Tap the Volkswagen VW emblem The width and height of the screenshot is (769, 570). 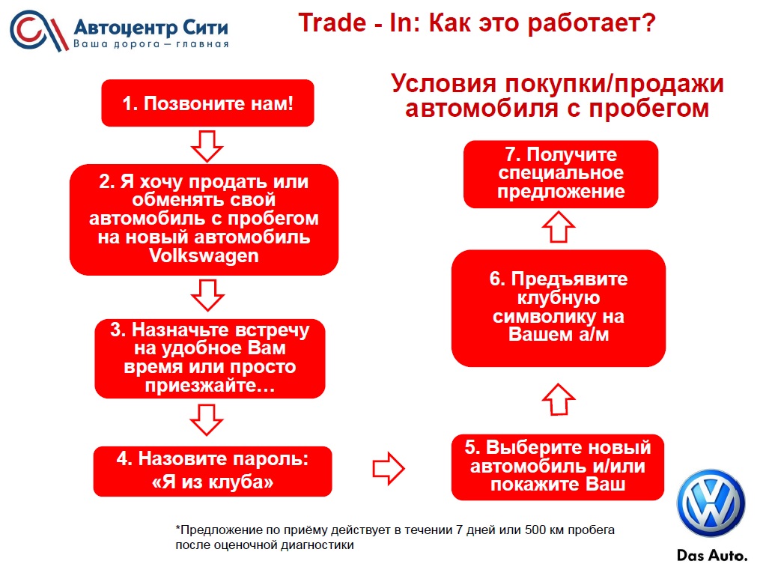click(711, 503)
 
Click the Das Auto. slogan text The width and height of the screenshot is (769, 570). click(712, 556)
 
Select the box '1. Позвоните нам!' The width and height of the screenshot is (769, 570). click(207, 103)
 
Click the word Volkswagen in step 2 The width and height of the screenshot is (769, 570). click(204, 255)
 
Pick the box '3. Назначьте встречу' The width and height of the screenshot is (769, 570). click(210, 358)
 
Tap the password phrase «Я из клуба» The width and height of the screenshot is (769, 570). click(213, 482)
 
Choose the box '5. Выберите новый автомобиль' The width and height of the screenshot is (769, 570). click(558, 467)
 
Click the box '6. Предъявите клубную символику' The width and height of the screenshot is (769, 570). click(559, 308)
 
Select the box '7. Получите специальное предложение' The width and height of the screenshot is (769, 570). click(561, 174)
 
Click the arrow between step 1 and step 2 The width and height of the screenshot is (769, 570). click(207, 146)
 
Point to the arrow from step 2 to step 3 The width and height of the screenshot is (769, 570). click(207, 295)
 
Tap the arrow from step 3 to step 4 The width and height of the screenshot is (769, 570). click(207, 420)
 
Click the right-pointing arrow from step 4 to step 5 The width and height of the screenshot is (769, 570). click(389, 469)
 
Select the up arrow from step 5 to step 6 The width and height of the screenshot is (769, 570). click(559, 399)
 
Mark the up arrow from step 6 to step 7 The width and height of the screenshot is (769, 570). click(559, 227)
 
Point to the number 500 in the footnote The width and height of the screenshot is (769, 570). click(535, 530)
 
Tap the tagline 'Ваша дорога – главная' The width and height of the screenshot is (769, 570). click(151, 44)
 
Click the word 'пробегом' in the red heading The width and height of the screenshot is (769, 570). click(649, 109)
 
